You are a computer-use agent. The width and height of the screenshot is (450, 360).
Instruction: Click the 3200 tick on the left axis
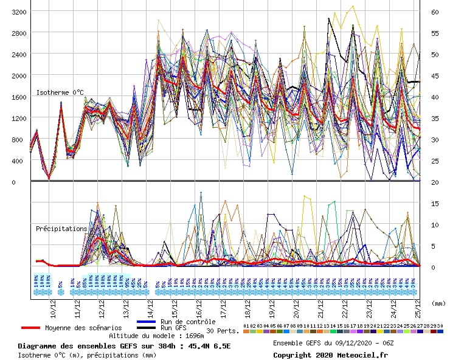coord(18,12)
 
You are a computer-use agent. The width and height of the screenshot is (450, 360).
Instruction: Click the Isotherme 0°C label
coord(60,92)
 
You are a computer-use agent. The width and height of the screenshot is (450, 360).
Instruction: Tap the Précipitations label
coord(61,229)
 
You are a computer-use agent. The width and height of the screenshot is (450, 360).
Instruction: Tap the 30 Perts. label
coord(222,331)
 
